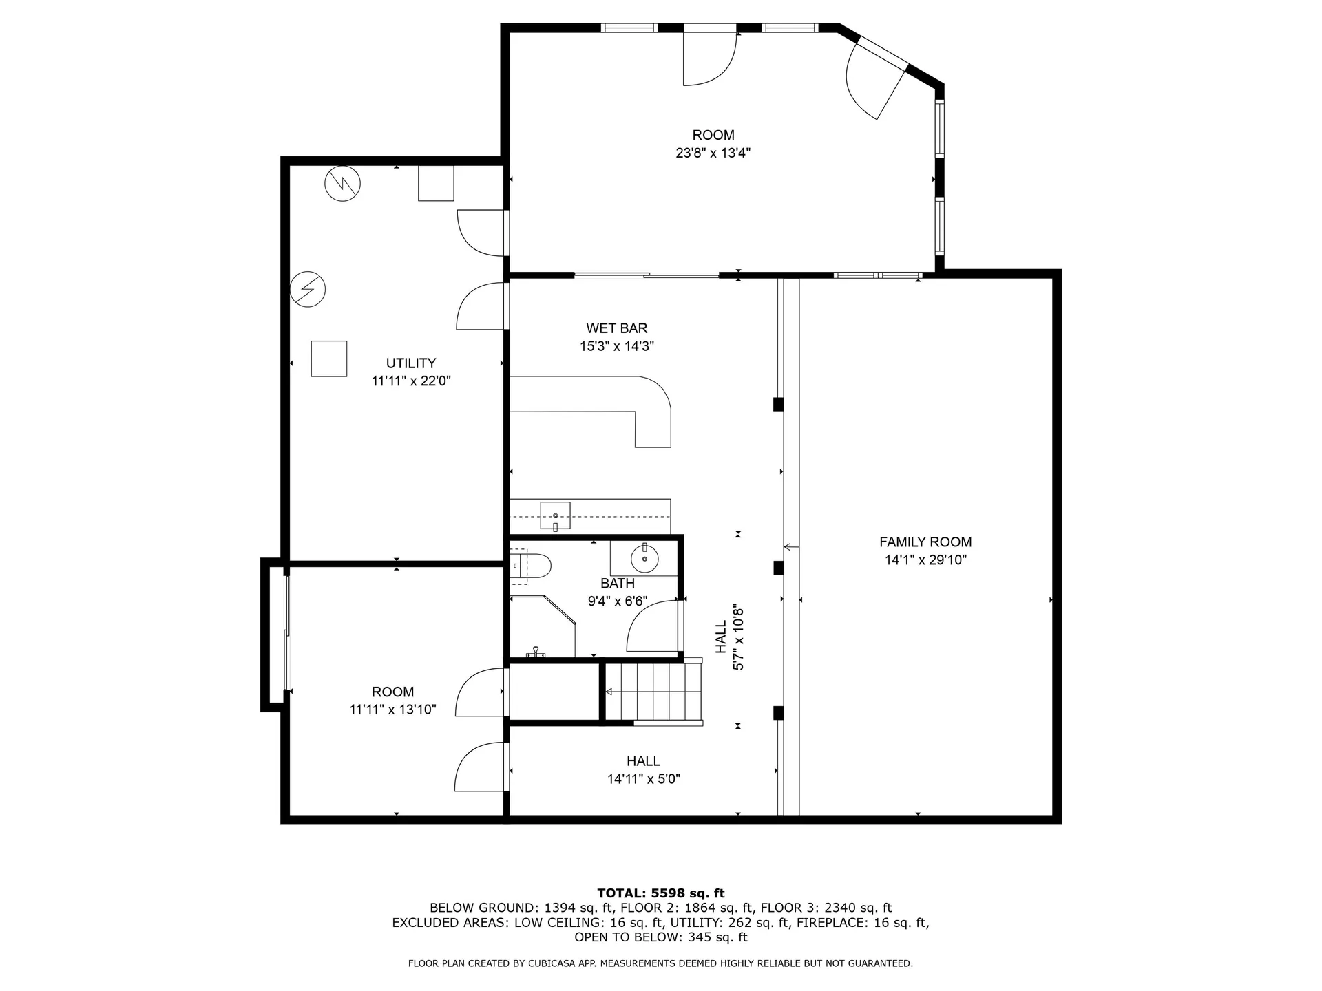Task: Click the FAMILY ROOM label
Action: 925,542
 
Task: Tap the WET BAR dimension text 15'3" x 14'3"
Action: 616,346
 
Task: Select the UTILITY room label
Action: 410,363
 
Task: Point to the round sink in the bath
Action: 644,557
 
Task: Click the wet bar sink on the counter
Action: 555,515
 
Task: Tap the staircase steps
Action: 654,692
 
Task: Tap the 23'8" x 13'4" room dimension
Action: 713,153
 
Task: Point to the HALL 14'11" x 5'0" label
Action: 643,769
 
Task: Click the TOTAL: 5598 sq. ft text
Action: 660,893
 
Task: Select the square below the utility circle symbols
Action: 328,359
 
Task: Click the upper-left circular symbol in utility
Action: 342,183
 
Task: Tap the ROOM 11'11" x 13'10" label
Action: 392,701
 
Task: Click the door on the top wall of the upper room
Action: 709,58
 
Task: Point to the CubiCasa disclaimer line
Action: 660,963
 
